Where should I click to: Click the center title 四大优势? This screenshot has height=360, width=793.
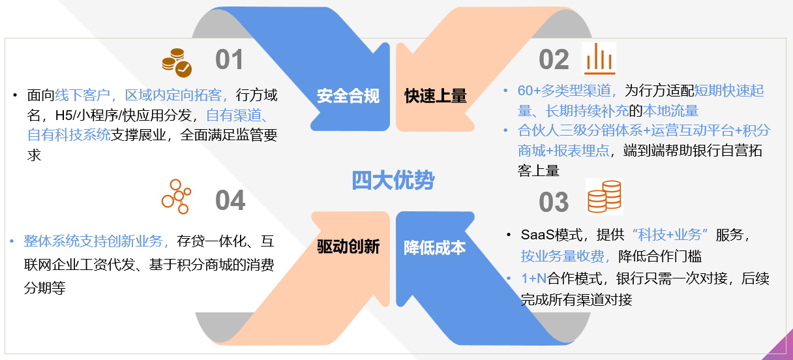pyautogui.click(x=393, y=181)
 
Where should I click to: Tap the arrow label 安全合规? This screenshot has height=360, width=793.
pyautogui.click(x=348, y=96)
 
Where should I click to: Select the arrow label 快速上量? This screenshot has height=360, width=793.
pyautogui.click(x=436, y=96)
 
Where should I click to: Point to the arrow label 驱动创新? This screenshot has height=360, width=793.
pyautogui.click(x=348, y=247)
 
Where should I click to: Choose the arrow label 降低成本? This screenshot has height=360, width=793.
pyautogui.click(x=435, y=248)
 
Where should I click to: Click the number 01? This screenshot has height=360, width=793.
pyautogui.click(x=230, y=59)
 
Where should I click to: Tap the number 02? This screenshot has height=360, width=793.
pyautogui.click(x=554, y=59)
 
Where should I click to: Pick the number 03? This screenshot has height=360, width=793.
pyautogui.click(x=554, y=202)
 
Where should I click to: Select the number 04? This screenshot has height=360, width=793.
pyautogui.click(x=230, y=200)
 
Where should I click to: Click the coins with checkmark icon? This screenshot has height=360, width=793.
pyautogui.click(x=177, y=63)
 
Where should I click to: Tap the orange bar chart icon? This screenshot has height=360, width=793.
pyautogui.click(x=599, y=59)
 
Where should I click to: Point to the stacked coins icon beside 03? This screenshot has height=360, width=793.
pyautogui.click(x=605, y=196)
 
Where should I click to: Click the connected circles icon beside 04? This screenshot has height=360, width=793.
pyautogui.click(x=176, y=196)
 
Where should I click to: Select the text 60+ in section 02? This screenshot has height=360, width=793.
pyautogui.click(x=529, y=91)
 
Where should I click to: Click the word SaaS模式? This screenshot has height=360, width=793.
pyautogui.click(x=552, y=235)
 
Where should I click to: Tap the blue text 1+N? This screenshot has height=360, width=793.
pyautogui.click(x=534, y=278)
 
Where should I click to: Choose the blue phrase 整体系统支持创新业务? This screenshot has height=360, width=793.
pyautogui.click(x=93, y=241)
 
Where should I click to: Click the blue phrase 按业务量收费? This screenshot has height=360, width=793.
pyautogui.click(x=562, y=256)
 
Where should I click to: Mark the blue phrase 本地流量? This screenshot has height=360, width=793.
pyautogui.click(x=670, y=111)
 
